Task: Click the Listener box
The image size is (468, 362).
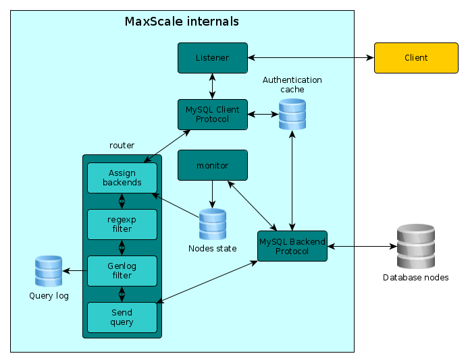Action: [212, 58]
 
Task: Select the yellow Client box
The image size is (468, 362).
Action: [416, 58]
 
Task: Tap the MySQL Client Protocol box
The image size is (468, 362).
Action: [212, 115]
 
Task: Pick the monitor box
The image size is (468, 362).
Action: [212, 165]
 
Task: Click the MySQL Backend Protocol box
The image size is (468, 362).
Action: [292, 246]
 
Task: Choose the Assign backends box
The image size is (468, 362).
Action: [122, 178]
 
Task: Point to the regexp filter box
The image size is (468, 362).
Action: [122, 224]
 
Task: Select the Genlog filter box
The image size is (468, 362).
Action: [122, 271]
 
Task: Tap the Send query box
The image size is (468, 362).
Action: [122, 317]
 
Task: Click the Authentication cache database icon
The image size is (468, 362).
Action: [292, 115]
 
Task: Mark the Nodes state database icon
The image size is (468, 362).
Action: [213, 224]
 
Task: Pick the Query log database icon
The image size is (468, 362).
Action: [49, 271]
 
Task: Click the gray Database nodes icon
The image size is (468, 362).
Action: [415, 246]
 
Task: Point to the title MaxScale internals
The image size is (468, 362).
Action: [182, 22]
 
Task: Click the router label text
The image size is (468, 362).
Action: [122, 146]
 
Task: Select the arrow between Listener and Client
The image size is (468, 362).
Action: [311, 58]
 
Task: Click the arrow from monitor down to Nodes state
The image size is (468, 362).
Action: [213, 194]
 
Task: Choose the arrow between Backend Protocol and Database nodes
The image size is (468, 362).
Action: [361, 246]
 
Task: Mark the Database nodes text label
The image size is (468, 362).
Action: [415, 278]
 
